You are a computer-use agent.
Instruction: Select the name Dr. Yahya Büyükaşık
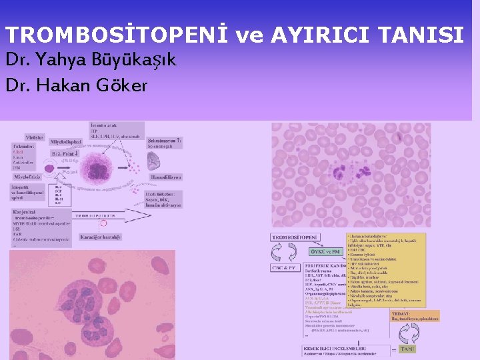(x=91, y=61)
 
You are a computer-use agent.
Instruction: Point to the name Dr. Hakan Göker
(x=76, y=85)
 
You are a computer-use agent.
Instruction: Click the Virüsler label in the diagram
(x=35, y=137)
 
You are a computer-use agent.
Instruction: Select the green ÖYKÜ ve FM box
(x=325, y=252)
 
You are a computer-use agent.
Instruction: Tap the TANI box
(x=407, y=349)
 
